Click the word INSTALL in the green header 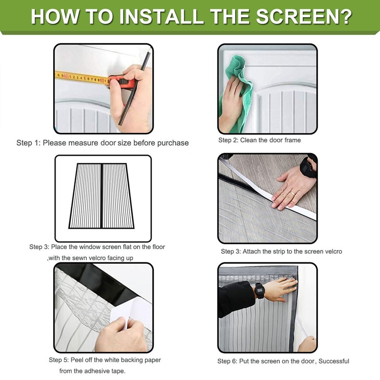pyautogui.click(x=161, y=17)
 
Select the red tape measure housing pyautogui.click(x=122, y=82)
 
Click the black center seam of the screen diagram pyautogui.click(x=102, y=196)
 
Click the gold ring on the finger pyautogui.click(x=293, y=194)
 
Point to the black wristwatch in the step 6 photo pyautogui.click(x=259, y=291)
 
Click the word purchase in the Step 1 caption pyautogui.click(x=173, y=143)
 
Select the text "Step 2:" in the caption pyautogui.click(x=228, y=140)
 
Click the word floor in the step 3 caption pyautogui.click(x=159, y=247)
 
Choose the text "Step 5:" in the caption pyautogui.click(x=58, y=360)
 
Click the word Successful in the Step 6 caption pyautogui.click(x=334, y=361)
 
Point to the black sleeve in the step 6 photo pyautogui.click(x=236, y=299)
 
